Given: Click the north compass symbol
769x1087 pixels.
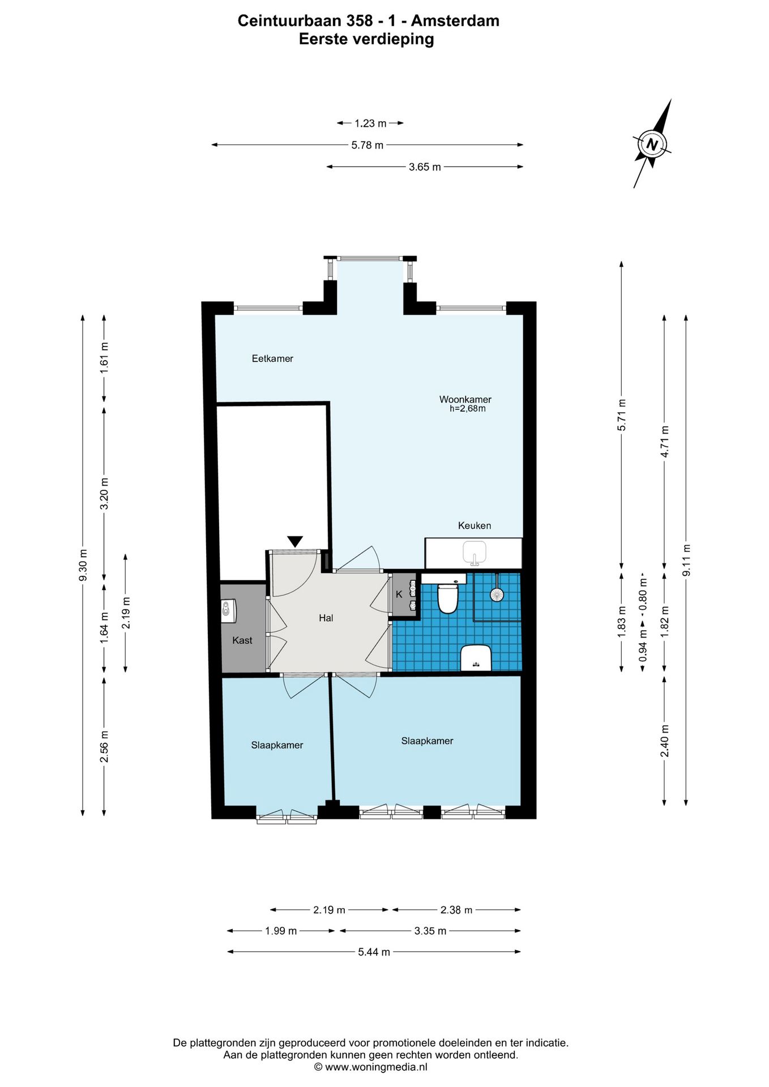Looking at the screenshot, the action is click(x=652, y=144).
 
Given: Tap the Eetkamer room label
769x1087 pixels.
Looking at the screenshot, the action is click(x=272, y=358).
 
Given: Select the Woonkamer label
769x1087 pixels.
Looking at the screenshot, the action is click(x=465, y=399).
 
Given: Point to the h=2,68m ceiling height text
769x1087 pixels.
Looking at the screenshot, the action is click(x=468, y=409).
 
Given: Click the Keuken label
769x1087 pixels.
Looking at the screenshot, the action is click(x=475, y=525).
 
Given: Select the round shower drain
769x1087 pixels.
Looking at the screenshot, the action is click(x=497, y=594).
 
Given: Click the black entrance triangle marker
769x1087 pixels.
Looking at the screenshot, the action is click(x=295, y=541).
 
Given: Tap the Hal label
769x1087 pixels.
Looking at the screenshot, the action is click(x=326, y=618).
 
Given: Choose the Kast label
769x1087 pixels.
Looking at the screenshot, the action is click(x=242, y=640).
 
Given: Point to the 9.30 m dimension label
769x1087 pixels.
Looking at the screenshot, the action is click(x=83, y=565).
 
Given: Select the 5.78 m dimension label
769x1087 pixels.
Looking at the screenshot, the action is click(x=368, y=145).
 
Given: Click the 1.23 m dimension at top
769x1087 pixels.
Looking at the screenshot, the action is click(x=370, y=123).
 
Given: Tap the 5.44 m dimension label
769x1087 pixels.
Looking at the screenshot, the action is click(x=374, y=952).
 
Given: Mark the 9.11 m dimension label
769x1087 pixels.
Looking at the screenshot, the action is click(x=686, y=560).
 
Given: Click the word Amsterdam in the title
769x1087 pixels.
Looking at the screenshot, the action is click(x=455, y=21).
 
